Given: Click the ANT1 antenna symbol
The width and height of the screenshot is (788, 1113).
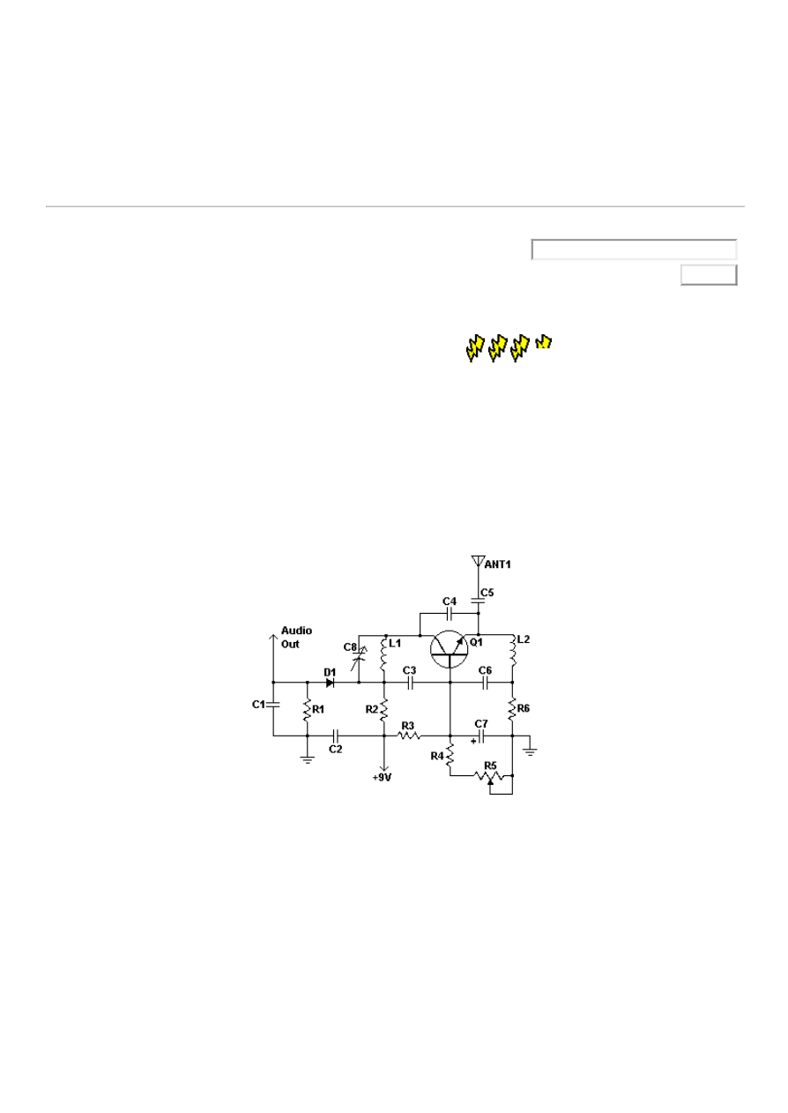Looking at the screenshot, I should (x=478, y=561).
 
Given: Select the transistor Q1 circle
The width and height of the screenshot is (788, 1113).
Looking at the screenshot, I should (x=450, y=648).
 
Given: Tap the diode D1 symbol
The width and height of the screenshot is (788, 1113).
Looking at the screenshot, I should (x=330, y=683).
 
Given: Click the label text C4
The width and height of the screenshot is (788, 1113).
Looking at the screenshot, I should (x=449, y=601).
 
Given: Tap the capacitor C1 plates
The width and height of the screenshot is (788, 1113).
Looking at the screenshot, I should (x=273, y=705).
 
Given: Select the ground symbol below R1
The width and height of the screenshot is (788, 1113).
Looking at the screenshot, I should (x=307, y=758).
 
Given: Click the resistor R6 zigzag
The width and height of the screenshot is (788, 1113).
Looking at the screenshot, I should (x=512, y=708).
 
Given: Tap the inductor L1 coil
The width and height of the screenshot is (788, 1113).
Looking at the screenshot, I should (x=384, y=655).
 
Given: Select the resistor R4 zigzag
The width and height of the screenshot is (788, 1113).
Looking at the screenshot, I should (x=450, y=755).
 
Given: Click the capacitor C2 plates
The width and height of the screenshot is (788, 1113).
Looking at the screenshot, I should (x=335, y=735).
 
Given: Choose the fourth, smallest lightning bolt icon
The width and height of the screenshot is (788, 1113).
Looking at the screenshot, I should (x=544, y=341).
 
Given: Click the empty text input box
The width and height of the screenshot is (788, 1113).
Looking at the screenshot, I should (x=634, y=250).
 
